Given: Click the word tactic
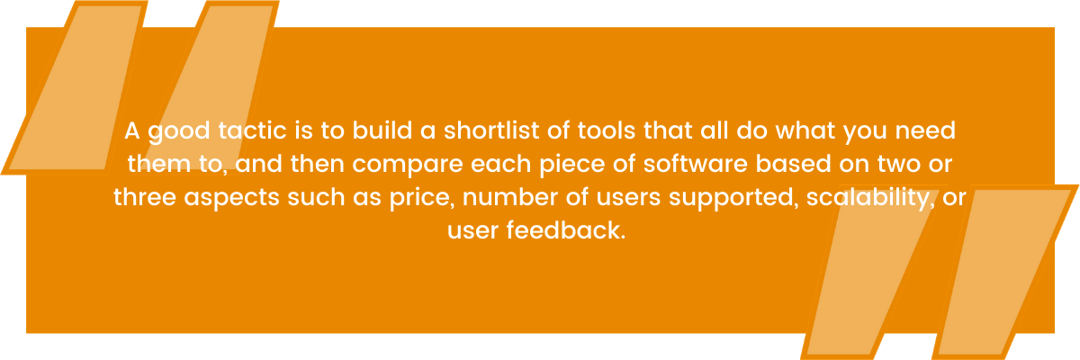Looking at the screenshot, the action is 252,130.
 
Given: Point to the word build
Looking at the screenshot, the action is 382,130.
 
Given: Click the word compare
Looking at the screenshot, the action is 408,165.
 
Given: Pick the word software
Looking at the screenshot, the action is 695,164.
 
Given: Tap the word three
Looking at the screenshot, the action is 145,196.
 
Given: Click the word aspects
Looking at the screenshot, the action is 231,198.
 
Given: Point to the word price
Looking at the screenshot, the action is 422,198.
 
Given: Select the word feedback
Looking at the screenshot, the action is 566,229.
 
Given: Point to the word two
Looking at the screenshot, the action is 904,165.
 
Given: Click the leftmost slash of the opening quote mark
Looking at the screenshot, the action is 74,87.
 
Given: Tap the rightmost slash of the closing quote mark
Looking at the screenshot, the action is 1005,273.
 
